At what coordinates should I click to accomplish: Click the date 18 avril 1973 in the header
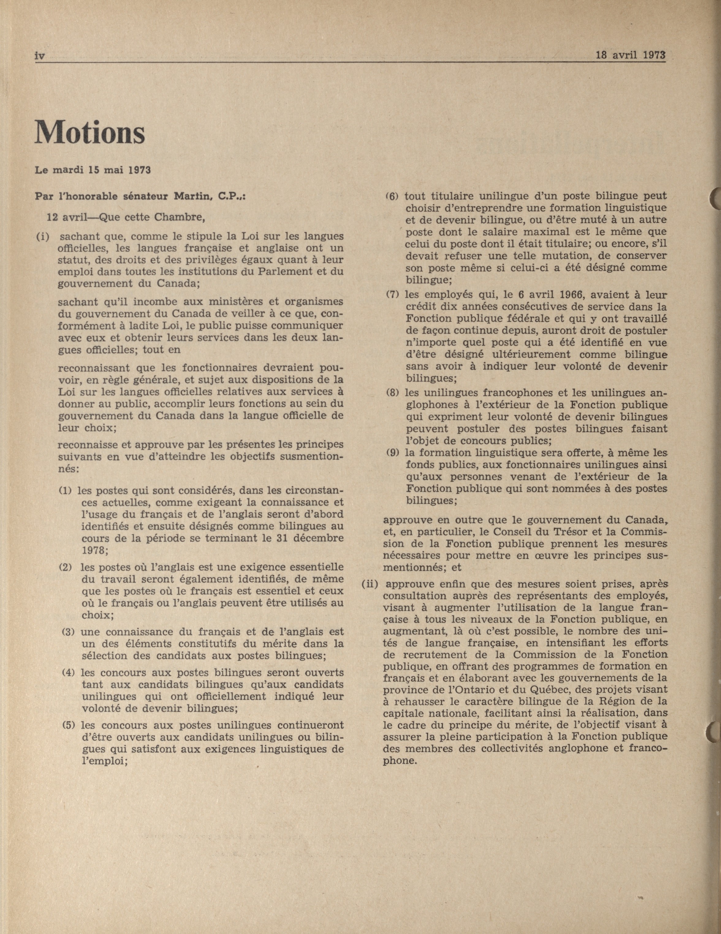click(x=631, y=55)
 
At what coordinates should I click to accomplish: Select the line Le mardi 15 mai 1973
click(x=93, y=170)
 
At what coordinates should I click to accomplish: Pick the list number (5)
click(x=69, y=725)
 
